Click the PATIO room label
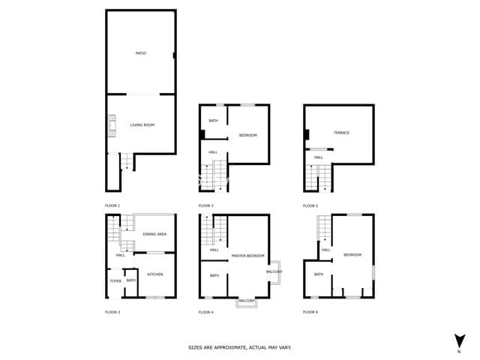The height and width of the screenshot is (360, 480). click(140, 53)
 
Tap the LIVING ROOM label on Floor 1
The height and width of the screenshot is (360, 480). click(142, 124)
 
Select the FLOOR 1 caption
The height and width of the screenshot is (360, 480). click(112, 205)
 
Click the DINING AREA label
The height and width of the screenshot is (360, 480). click(154, 234)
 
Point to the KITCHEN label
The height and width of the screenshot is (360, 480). click(155, 274)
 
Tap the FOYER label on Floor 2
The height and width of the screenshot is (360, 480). click(115, 280)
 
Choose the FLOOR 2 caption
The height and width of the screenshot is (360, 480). click(112, 311)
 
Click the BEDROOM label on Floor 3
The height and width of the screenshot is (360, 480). click(248, 135)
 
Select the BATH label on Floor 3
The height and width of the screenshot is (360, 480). click(213, 121)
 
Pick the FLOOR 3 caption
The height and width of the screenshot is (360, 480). click(205, 205)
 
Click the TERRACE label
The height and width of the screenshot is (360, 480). click(341, 133)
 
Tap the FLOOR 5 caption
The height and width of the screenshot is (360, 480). click(310, 205)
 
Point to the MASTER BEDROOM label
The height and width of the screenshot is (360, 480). click(247, 256)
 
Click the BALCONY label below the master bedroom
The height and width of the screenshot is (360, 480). click(247, 301)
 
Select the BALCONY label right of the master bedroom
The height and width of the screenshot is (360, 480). click(274, 271)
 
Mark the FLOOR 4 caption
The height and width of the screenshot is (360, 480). click(205, 311)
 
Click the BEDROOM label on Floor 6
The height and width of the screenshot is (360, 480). click(352, 255)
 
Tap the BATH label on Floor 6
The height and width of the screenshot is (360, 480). click(319, 274)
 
